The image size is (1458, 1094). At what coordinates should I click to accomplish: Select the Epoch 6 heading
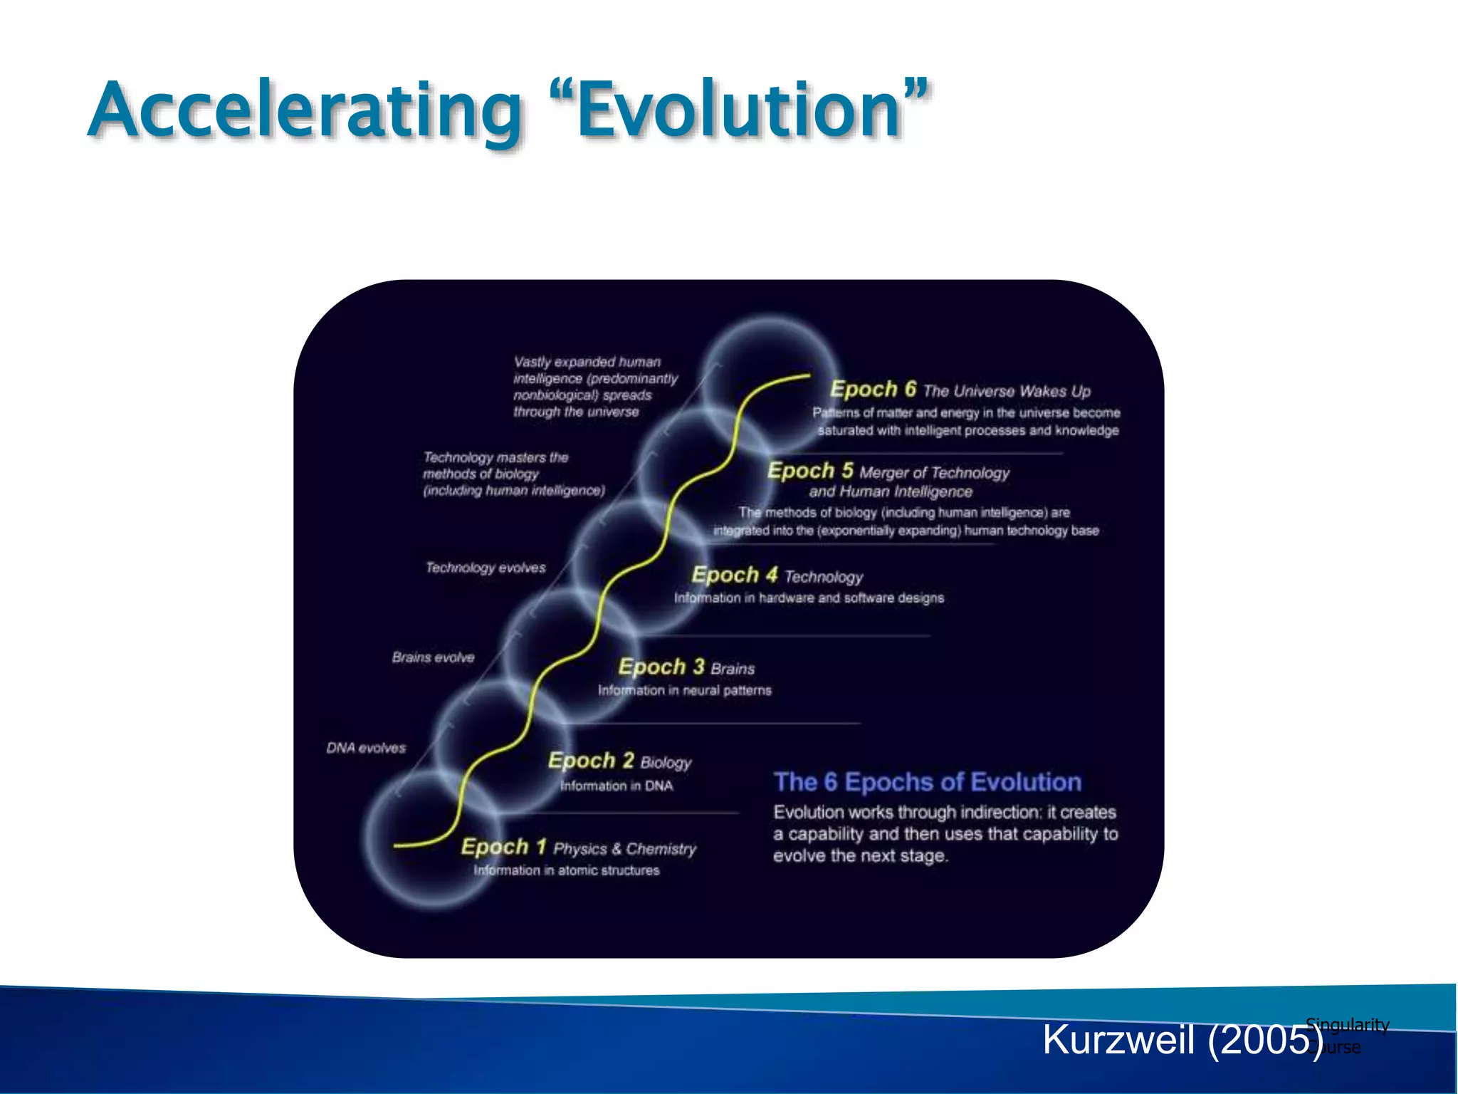(873, 389)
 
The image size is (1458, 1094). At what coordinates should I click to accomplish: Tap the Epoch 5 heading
(810, 471)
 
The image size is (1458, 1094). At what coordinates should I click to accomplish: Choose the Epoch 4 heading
(734, 575)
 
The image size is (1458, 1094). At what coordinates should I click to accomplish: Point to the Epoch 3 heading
(661, 667)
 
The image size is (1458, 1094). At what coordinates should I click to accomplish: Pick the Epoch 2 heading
(590, 761)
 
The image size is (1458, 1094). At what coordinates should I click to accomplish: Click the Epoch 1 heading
(503, 847)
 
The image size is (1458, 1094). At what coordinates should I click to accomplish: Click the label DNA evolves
(366, 748)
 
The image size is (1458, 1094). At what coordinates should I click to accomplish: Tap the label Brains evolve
(433, 657)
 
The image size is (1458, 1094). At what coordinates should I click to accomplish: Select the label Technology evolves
(486, 568)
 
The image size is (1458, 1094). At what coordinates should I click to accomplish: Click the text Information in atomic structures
(567, 870)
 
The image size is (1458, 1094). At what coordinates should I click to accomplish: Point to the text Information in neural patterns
(684, 690)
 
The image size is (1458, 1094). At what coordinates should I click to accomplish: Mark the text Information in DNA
(616, 786)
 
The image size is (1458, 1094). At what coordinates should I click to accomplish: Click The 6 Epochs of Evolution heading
(928, 782)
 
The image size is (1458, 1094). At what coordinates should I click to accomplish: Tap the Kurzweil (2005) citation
(1182, 1040)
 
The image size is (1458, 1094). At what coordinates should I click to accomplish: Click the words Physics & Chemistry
(625, 849)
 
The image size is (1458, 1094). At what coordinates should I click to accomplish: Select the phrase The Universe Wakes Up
(1007, 391)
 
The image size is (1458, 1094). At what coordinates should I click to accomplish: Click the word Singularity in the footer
(1347, 1024)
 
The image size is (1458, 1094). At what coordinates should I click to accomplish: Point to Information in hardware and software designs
(809, 598)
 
